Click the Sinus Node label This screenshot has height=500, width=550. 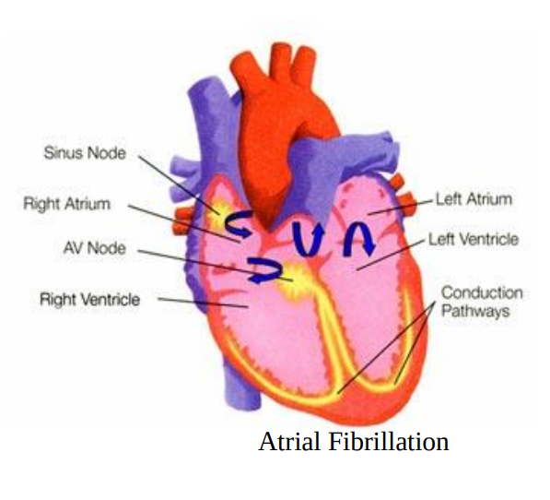click(x=85, y=153)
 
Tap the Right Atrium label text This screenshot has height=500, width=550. click(x=67, y=204)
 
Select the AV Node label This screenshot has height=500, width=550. click(x=94, y=248)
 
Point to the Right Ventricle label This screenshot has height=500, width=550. click(x=89, y=299)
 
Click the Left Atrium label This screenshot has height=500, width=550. click(x=474, y=199)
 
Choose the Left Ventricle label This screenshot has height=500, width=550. click(x=474, y=240)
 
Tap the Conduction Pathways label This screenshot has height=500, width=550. click(x=482, y=302)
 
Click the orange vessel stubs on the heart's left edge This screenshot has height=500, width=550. click(x=182, y=220)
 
